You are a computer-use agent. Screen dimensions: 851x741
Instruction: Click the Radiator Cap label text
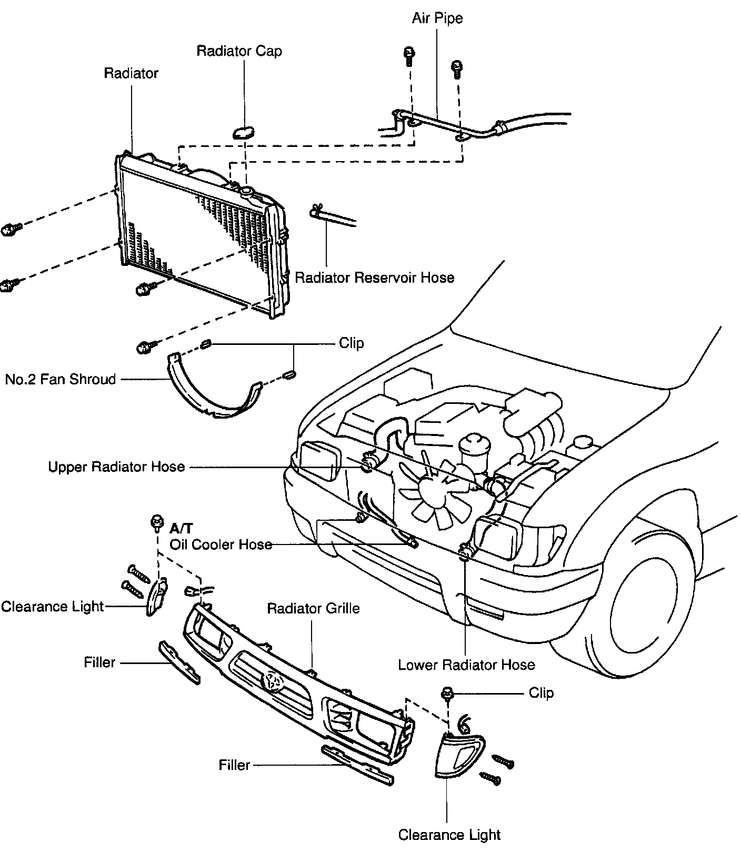pyautogui.click(x=239, y=51)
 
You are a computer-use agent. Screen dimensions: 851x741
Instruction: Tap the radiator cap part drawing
pyautogui.click(x=243, y=131)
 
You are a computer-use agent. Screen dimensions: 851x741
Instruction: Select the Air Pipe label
pyautogui.click(x=437, y=18)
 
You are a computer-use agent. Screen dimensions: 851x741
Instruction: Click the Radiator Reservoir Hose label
pyautogui.click(x=374, y=278)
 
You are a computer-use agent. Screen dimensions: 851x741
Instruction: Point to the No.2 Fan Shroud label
pyautogui.click(x=61, y=379)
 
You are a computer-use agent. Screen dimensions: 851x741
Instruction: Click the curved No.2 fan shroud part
pyautogui.click(x=211, y=395)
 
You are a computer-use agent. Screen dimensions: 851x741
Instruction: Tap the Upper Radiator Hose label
pyautogui.click(x=116, y=467)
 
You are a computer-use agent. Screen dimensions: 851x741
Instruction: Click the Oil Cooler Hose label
pyautogui.click(x=221, y=544)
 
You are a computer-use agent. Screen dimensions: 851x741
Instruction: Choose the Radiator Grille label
pyautogui.click(x=313, y=609)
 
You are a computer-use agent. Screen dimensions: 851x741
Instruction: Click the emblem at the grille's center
pyautogui.click(x=272, y=682)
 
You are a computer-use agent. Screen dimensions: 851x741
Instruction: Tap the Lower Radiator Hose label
pyautogui.click(x=466, y=665)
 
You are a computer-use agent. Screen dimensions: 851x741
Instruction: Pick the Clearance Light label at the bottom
pyautogui.click(x=449, y=835)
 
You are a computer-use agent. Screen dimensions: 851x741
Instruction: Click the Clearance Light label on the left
pyautogui.click(x=52, y=607)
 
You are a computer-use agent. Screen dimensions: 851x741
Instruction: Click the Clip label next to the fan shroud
pyautogui.click(x=351, y=343)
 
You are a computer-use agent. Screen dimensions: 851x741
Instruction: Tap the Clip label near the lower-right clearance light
pyautogui.click(x=541, y=692)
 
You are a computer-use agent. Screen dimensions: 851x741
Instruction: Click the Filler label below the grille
pyautogui.click(x=234, y=764)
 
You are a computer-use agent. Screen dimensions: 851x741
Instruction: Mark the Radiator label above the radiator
pyautogui.click(x=131, y=73)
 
